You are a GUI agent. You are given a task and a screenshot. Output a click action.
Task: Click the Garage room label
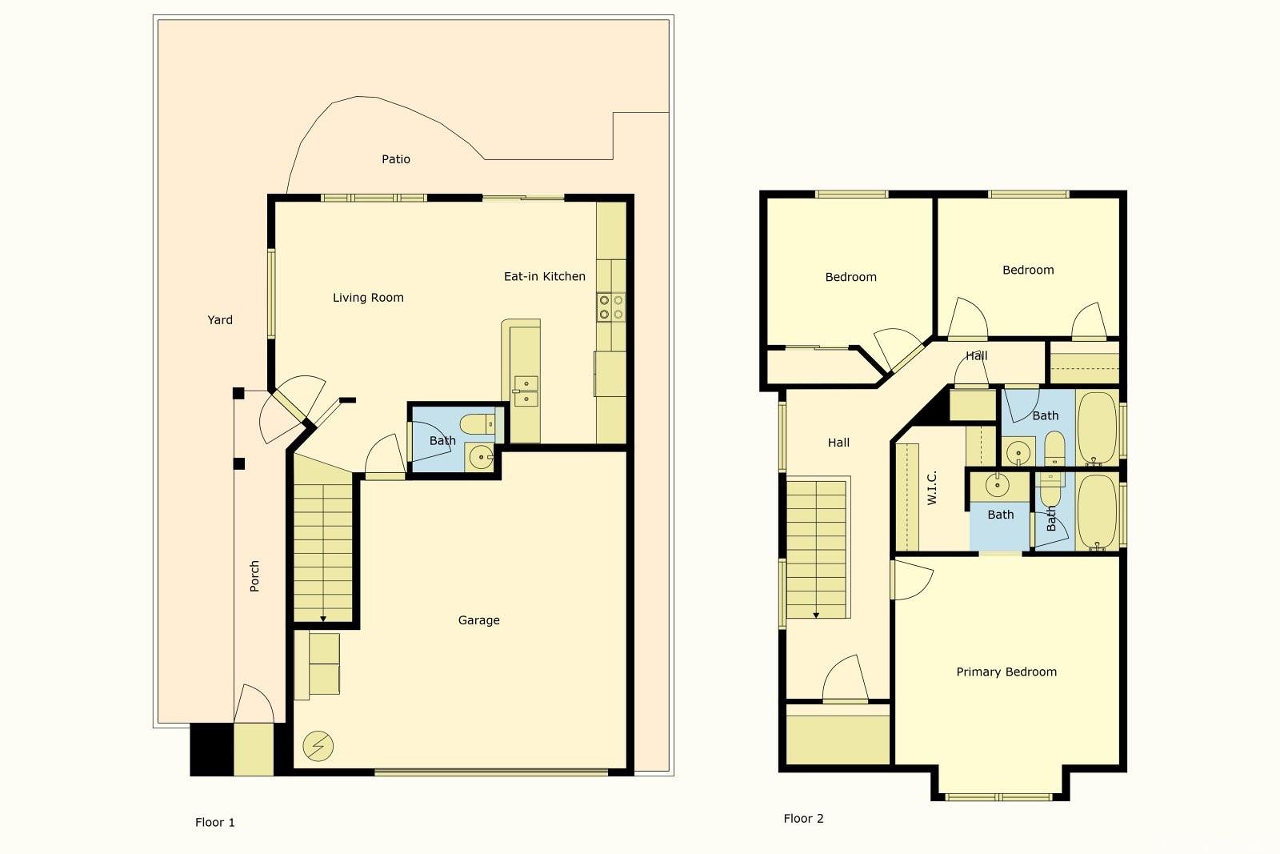[479, 620]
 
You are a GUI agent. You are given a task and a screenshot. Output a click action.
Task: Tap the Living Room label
[368, 298]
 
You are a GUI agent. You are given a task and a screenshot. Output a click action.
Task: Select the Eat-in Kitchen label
[545, 277]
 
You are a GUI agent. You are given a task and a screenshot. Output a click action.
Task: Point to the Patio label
[396, 159]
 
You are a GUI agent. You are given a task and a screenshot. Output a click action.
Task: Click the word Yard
[220, 320]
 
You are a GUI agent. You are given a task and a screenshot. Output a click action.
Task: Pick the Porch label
[254, 576]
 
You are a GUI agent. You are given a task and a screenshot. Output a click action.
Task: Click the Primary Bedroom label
[1006, 672]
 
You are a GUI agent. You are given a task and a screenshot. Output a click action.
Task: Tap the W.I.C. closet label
[932, 487]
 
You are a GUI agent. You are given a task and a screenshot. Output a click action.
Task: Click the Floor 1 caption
[215, 823]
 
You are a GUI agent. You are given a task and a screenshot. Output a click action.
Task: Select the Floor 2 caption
[803, 819]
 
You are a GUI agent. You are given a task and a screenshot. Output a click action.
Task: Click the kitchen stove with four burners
[611, 307]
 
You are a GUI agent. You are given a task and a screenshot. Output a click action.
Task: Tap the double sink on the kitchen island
[526, 391]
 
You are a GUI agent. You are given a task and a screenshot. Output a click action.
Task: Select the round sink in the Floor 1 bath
[481, 457]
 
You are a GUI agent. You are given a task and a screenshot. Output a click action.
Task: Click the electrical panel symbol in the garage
[318, 746]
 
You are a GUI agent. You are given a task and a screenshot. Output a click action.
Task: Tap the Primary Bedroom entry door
[912, 579]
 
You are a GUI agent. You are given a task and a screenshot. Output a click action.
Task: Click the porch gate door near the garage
[254, 704]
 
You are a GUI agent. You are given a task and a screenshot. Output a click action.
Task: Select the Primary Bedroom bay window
[998, 797]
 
